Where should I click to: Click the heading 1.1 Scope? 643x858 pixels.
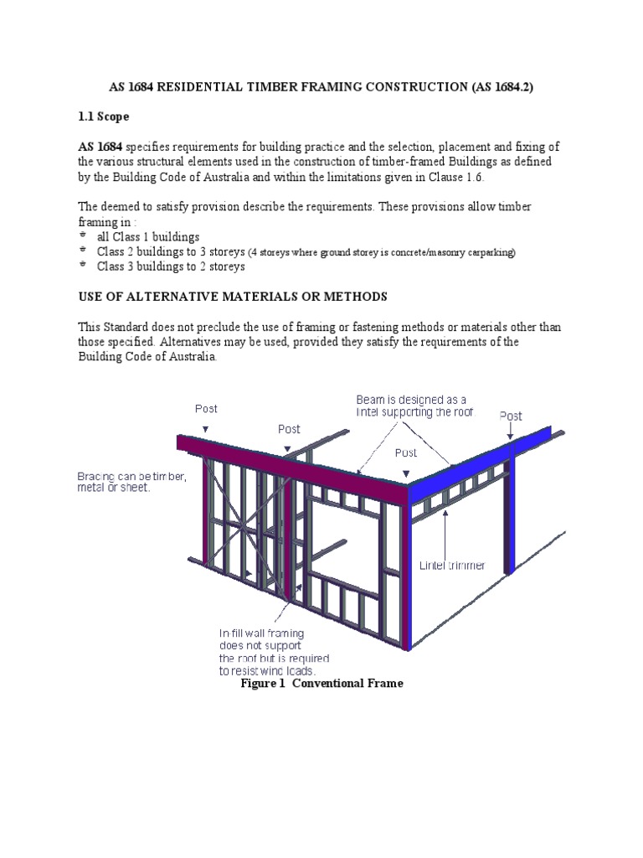(x=106, y=116)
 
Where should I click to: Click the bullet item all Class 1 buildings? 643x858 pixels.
(x=148, y=236)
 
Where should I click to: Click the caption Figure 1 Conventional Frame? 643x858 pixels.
(x=321, y=683)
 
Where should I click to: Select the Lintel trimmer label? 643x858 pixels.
(x=452, y=566)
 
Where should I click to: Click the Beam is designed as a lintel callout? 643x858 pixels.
(x=412, y=406)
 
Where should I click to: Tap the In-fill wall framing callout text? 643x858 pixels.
(x=261, y=651)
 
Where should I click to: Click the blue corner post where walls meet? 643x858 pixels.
(x=408, y=570)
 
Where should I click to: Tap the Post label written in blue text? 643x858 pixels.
(x=511, y=416)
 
